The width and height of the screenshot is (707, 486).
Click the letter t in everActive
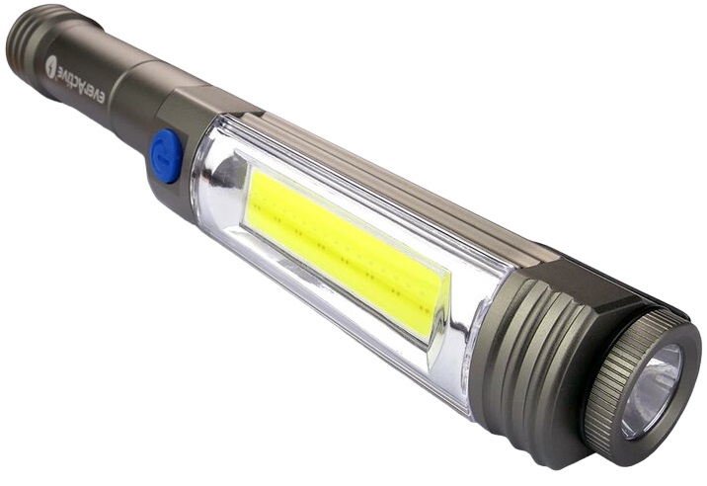[68, 76]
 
